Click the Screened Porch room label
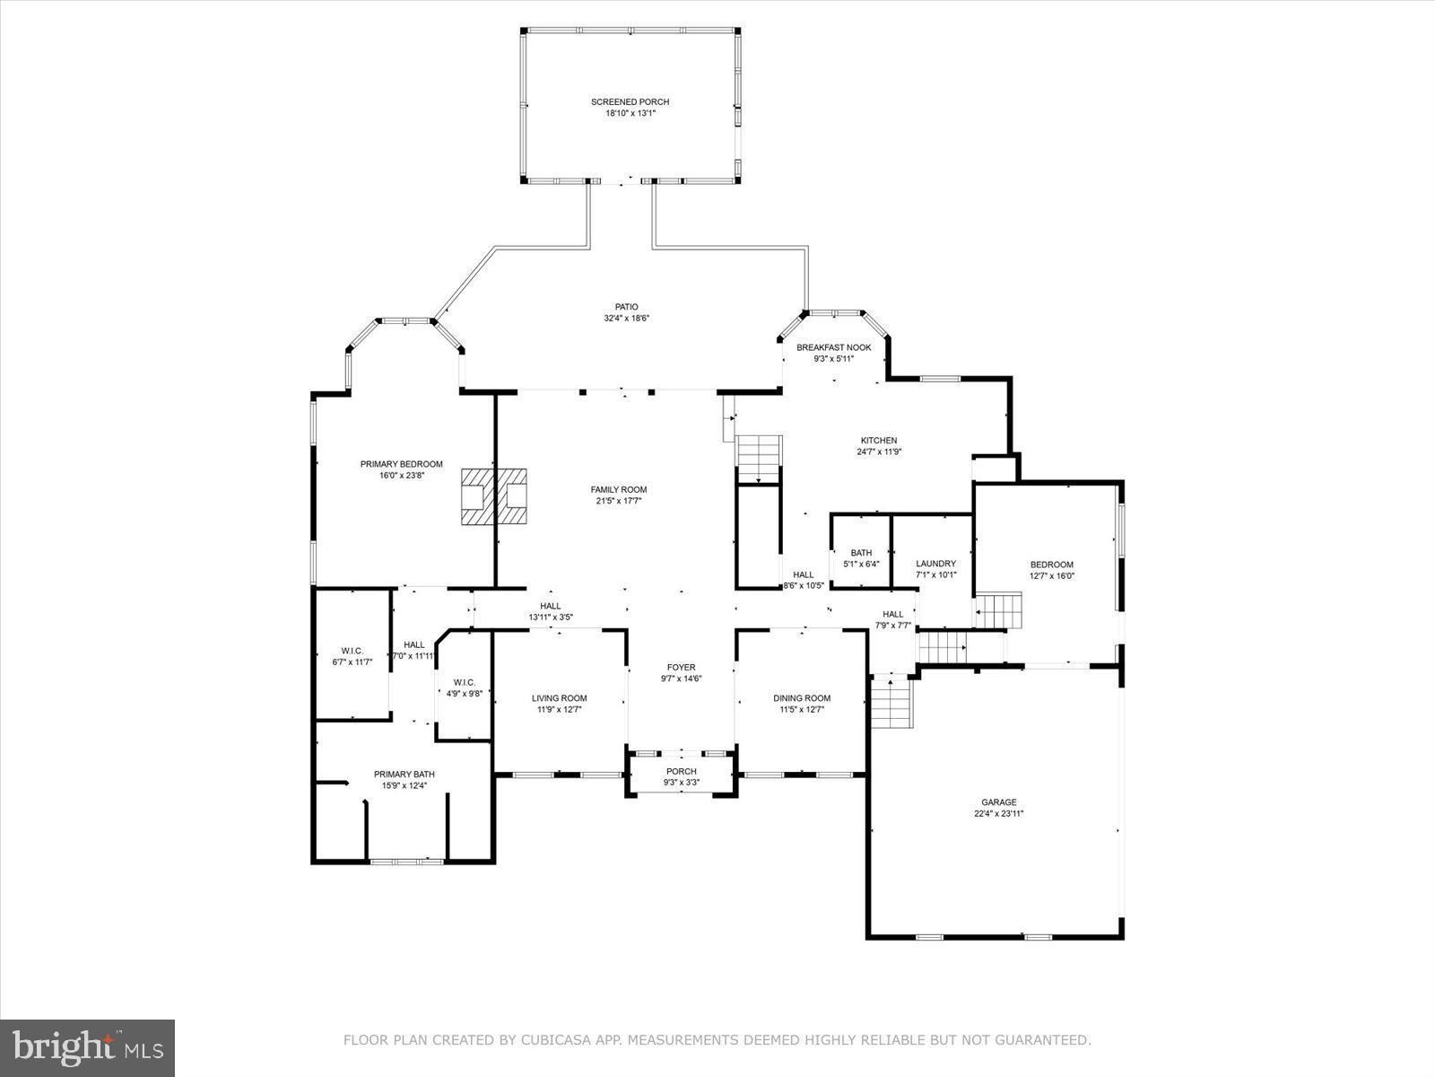pyautogui.click(x=630, y=102)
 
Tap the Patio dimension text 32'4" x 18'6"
pyautogui.click(x=626, y=319)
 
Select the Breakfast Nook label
pyautogui.click(x=833, y=347)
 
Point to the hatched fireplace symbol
pyautogui.click(x=493, y=495)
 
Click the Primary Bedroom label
pyautogui.click(x=401, y=464)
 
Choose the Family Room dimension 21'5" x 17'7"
pyautogui.click(x=618, y=501)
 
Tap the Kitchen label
pyautogui.click(x=878, y=441)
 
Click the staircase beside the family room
pyautogui.click(x=760, y=459)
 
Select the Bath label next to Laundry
pyautogui.click(x=861, y=553)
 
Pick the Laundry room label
pyautogui.click(x=935, y=564)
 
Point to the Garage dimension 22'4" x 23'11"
pyautogui.click(x=998, y=814)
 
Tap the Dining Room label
pyautogui.click(x=802, y=698)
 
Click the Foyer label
pyautogui.click(x=681, y=667)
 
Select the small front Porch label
pyautogui.click(x=681, y=771)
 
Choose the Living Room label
pyautogui.click(x=559, y=698)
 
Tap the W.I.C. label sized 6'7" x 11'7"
pyautogui.click(x=352, y=651)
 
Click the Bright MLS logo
pyautogui.click(x=88, y=1047)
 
